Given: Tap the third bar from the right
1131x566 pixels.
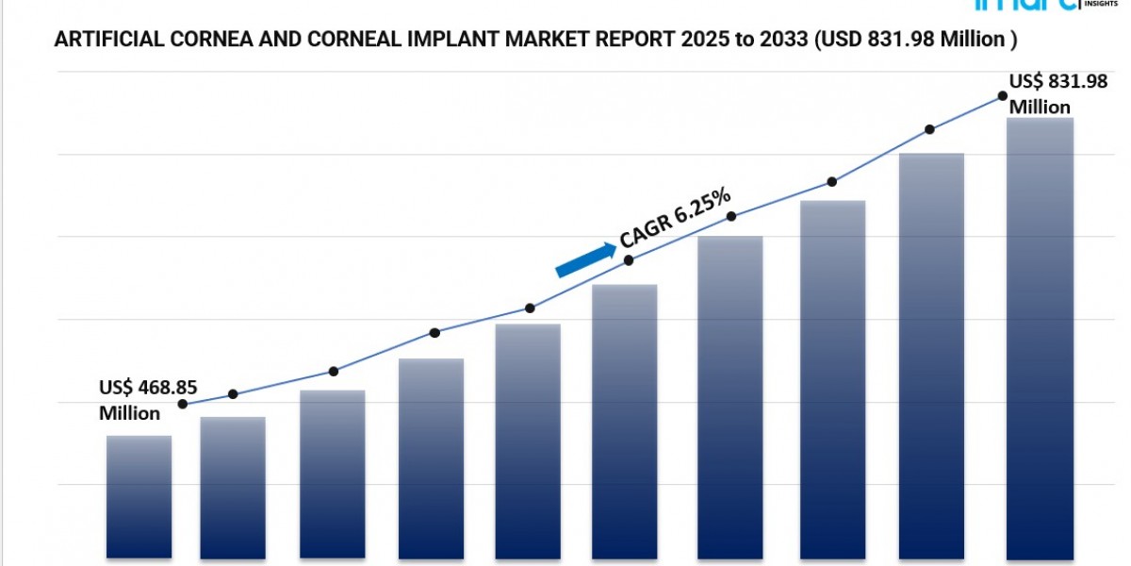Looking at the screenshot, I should [833, 377].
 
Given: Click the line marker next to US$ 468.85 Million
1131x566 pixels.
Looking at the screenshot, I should [183, 405].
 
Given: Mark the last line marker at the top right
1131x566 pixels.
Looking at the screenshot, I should [1002, 96].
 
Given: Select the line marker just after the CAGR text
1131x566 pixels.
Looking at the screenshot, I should [731, 217].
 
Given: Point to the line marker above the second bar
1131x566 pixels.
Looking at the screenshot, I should [233, 394].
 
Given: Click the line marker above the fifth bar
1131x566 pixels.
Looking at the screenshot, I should [530, 308].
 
